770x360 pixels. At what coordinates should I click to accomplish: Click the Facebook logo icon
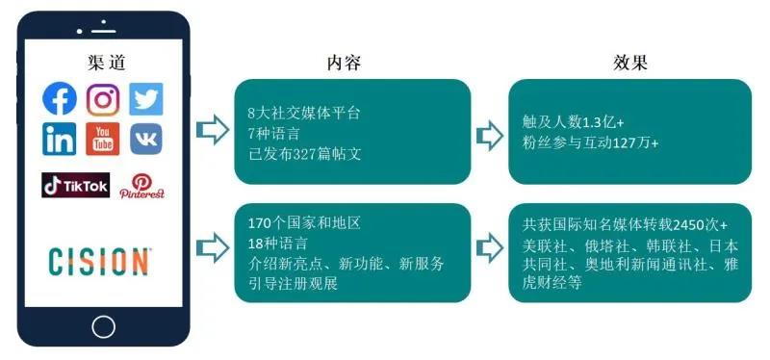(x=60, y=99)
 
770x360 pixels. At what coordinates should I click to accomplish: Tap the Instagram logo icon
(x=103, y=99)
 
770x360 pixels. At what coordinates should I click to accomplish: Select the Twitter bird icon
(x=146, y=99)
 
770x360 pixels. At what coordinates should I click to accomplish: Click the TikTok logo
(x=75, y=184)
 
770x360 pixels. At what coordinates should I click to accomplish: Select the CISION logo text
(x=100, y=261)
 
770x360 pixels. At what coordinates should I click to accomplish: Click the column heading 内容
(x=344, y=64)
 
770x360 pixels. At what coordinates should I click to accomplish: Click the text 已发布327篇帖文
(x=299, y=151)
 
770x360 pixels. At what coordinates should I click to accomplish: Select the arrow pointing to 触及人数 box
(x=490, y=134)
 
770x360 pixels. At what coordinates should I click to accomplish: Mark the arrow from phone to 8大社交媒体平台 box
(x=207, y=130)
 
